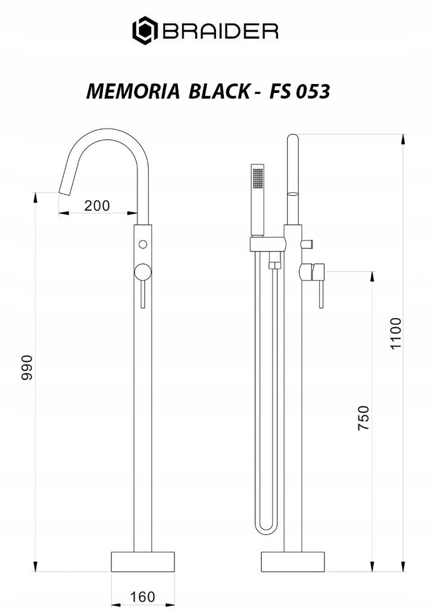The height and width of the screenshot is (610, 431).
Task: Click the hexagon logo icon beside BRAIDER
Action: coord(145,30)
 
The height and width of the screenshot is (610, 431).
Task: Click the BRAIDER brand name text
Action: coord(220,31)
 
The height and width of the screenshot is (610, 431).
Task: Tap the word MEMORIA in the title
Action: coord(133,91)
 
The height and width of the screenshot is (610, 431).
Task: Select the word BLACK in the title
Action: coord(219,91)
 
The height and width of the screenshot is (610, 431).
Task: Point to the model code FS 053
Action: coord(299,91)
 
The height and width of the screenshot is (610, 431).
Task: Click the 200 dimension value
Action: coord(97,206)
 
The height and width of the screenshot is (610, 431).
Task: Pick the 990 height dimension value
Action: coord(27,367)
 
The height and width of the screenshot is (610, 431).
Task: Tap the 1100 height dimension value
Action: coord(396,334)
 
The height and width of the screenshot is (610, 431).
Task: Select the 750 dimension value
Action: coord(363,418)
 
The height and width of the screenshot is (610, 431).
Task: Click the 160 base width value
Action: coord(142,596)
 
